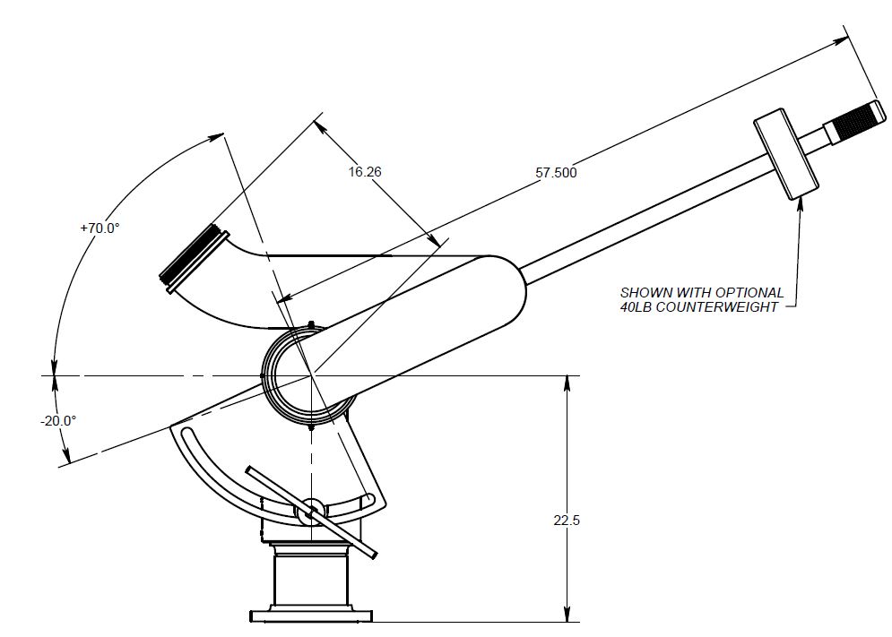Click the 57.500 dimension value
click(556, 173)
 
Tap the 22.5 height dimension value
click(568, 520)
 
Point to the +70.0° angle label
click(100, 228)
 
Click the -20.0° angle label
click(59, 420)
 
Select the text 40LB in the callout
click(641, 307)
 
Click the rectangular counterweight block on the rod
click(786, 155)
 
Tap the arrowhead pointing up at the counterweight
click(798, 205)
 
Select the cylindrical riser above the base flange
click(308, 578)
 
